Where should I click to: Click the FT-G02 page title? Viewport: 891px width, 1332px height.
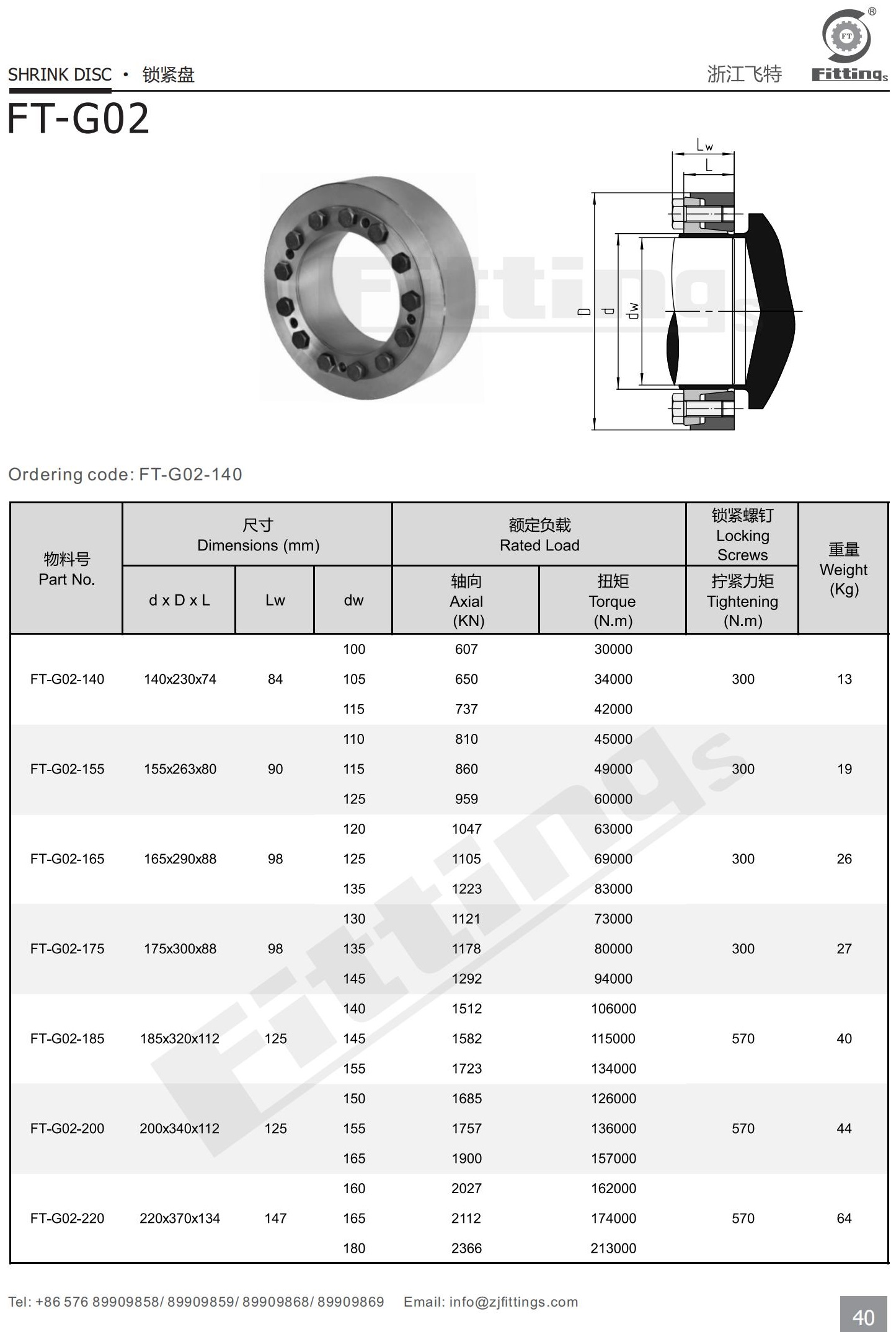pos(78,119)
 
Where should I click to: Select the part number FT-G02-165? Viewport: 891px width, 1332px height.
pos(67,858)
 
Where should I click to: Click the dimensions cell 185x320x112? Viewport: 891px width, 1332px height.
pos(180,1038)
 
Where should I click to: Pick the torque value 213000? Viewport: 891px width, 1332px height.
pos(613,1248)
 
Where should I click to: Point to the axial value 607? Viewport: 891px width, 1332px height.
pos(466,649)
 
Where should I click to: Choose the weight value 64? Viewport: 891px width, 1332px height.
pos(844,1218)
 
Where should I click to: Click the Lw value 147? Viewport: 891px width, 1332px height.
pos(275,1218)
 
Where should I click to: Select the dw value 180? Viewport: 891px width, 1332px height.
pos(354,1248)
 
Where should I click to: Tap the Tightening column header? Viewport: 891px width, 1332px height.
pos(742,601)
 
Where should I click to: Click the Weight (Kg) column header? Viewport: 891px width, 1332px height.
pos(843,569)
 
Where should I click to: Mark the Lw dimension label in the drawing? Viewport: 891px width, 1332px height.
pos(704,146)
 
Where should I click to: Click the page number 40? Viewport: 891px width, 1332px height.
pos(864,1317)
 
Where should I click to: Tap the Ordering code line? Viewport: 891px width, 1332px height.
pos(125,474)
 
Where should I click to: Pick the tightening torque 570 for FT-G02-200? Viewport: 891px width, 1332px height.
pos(743,1128)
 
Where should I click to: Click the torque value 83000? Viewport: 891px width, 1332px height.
pos(613,888)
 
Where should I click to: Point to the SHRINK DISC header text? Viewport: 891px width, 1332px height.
pos(60,75)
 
